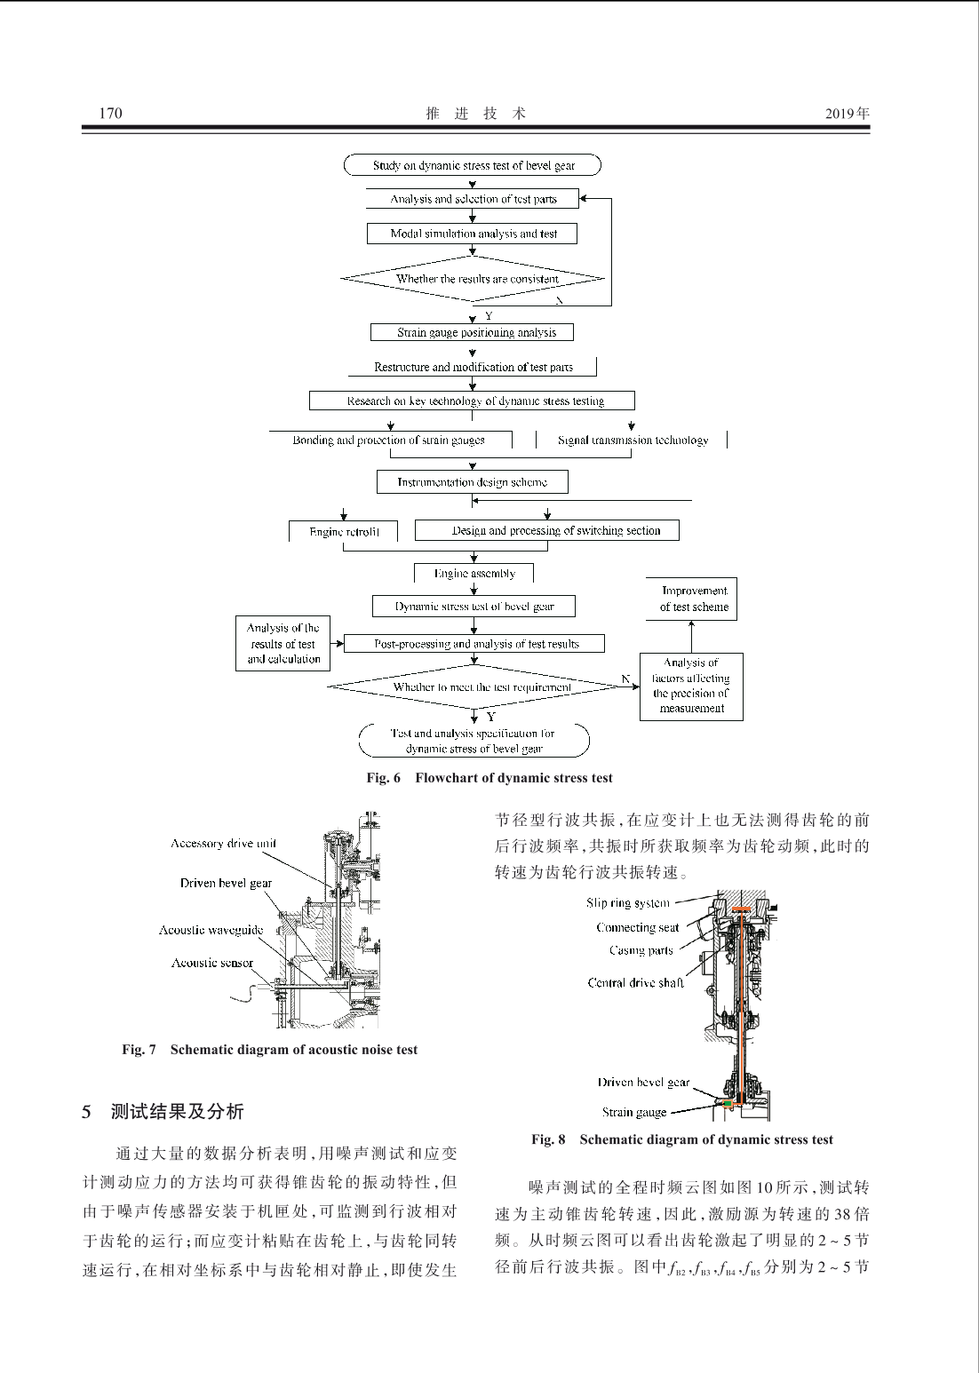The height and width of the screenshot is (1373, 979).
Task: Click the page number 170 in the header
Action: coord(110,113)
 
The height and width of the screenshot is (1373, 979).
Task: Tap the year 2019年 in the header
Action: coord(847,113)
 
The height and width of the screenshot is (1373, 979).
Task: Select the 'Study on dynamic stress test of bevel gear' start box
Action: coord(473,165)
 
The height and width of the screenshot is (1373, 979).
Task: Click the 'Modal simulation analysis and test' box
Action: coord(472,234)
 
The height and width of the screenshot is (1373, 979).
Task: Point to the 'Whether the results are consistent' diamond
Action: coord(473,279)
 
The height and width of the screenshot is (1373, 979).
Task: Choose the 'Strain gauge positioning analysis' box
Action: coord(472,332)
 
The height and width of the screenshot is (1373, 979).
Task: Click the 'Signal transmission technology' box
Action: coord(632,440)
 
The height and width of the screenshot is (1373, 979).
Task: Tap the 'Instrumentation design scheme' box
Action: coord(472,481)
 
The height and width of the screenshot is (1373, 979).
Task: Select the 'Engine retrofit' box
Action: coord(343,531)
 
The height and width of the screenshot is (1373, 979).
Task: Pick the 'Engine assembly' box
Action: coord(474,573)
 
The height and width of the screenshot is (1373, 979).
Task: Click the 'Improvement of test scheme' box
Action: coord(691,599)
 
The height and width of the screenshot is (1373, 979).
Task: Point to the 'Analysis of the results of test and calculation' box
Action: coord(283,643)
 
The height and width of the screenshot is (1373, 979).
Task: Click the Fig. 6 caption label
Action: coord(384,778)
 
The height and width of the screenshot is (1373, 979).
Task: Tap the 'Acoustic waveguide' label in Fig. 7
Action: coord(211,930)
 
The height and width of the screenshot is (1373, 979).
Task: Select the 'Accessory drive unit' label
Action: coord(223,844)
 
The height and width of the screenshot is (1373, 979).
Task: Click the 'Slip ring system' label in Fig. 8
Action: coord(628,903)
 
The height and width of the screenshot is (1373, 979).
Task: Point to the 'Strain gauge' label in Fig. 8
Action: coord(634,1112)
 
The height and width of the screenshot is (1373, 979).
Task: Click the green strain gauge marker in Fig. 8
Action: coord(728,1104)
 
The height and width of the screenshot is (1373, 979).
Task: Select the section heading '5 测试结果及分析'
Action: coord(163,1111)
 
